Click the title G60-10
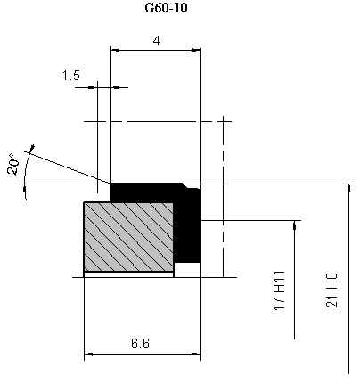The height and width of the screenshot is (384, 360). tap(167, 8)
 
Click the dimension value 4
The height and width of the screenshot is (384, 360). tap(156, 41)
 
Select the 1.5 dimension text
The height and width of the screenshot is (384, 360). tap(71, 76)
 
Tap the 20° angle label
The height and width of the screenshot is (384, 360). tap(12, 164)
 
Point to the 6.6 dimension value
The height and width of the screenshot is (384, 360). tap(140, 344)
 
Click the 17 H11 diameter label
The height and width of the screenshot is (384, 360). tap(279, 290)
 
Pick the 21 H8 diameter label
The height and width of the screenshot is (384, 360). tap(331, 290)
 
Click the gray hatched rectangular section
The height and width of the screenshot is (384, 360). tap(128, 237)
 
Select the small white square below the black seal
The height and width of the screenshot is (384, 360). tap(187, 270)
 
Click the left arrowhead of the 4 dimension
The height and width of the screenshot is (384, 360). tap(115, 50)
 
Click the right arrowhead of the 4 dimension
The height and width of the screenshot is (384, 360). tap(196, 50)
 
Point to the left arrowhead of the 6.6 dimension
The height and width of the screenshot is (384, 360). tap(88, 354)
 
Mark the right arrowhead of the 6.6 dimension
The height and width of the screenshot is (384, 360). tap(196, 354)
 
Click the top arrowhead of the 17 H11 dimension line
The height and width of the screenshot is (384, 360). tap(294, 225)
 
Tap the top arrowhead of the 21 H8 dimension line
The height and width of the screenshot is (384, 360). tap(349, 189)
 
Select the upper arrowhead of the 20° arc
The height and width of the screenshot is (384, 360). tap(32, 148)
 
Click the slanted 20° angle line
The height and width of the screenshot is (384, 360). tap(68, 167)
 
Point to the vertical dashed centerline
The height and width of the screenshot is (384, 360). tap(224, 197)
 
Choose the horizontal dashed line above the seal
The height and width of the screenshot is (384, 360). tap(158, 121)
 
